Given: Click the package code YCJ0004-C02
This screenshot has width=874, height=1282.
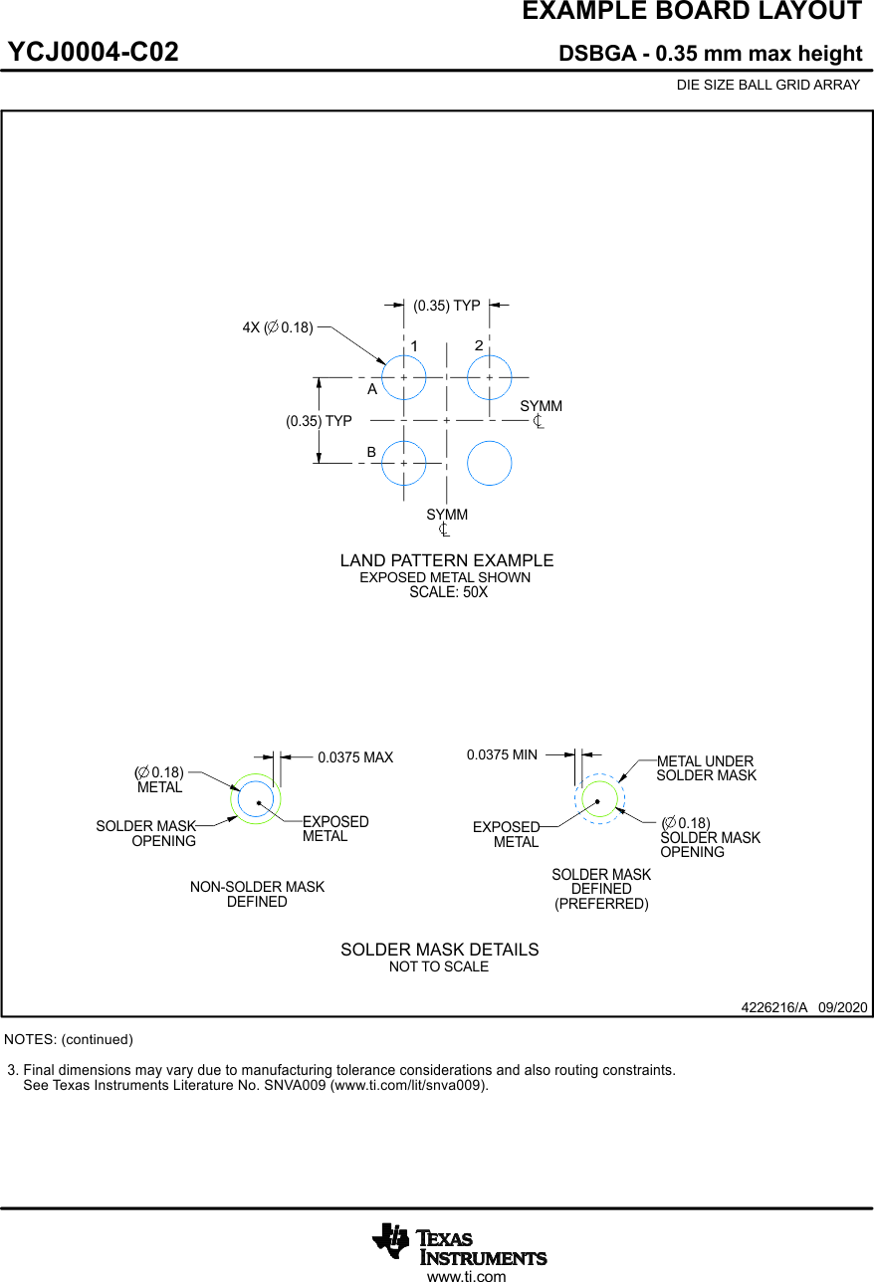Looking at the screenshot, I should tap(94, 52).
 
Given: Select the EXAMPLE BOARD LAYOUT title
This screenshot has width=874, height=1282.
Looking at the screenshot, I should tap(692, 12).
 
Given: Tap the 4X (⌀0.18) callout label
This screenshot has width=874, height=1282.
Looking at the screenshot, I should tap(278, 327).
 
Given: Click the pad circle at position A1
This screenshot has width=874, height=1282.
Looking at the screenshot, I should tap(404, 378).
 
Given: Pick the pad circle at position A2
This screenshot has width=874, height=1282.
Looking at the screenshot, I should tap(490, 378).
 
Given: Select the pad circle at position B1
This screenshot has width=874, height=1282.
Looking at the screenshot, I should tap(404, 464).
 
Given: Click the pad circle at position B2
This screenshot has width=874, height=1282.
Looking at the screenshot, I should tap(490, 464).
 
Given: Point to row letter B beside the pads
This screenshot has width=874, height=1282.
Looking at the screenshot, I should tap(371, 452).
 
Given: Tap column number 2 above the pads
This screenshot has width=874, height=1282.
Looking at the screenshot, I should tap(479, 345).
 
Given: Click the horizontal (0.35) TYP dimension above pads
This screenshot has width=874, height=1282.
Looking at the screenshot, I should tap(447, 306).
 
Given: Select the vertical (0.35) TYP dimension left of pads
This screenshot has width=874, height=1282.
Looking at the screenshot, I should tap(319, 421).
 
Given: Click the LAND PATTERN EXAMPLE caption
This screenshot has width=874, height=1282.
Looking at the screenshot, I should tap(447, 560).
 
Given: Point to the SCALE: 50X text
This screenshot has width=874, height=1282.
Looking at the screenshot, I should tap(448, 592).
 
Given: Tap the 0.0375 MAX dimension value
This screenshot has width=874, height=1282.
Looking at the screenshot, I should tap(355, 757).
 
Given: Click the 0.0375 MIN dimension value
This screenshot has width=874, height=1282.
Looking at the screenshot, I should tap(502, 755).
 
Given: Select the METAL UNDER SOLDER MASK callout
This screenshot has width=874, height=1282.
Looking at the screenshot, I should tap(706, 768).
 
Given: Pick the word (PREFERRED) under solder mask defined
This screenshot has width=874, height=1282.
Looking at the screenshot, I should tap(601, 904).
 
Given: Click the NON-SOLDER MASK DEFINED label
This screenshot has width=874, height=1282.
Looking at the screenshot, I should tap(257, 894).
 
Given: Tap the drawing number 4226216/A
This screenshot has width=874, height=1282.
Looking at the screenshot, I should tap(774, 1007).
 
